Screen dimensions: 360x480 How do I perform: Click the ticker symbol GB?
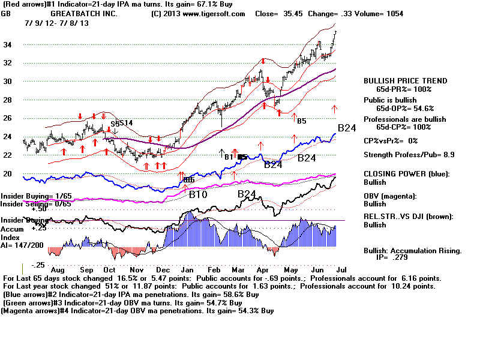click(x=7, y=13)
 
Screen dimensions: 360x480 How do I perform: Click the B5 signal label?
click(x=301, y=121)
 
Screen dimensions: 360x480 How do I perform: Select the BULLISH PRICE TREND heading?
click(x=405, y=81)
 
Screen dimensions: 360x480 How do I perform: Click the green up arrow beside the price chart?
click(x=334, y=109)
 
